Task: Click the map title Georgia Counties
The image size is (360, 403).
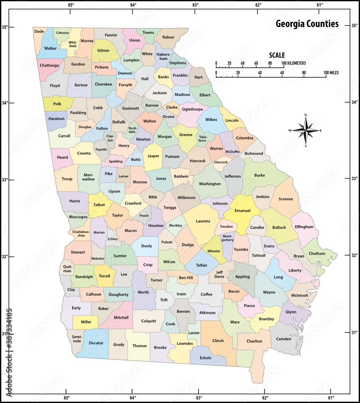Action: [x=307, y=24]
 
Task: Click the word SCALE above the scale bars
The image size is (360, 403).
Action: [x=277, y=55]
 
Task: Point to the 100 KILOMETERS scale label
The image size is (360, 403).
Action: [x=294, y=63]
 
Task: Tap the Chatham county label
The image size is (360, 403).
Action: [x=317, y=253]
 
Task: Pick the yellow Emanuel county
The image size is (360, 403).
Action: [x=242, y=210]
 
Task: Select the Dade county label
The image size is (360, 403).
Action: [x=39, y=31]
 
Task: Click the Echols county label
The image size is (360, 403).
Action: [x=205, y=358]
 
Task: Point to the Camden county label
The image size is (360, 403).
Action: [x=283, y=339]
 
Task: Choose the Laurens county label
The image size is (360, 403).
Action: [x=203, y=221]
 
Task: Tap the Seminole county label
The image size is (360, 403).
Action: [x=77, y=339]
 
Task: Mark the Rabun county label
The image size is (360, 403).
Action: [x=168, y=37]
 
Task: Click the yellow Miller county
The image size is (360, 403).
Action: [x=86, y=322]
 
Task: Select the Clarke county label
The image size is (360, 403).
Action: [x=172, y=107]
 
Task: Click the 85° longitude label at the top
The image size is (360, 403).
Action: [x=71, y=5]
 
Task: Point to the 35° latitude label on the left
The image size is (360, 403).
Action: [x=5, y=27]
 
